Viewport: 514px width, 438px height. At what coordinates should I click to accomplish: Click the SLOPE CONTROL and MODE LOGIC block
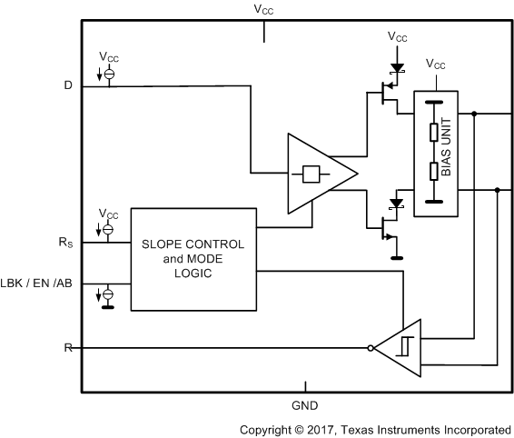193,258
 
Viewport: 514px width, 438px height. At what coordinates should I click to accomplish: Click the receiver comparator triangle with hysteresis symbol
400,348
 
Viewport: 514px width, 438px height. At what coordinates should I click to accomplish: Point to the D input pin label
67,86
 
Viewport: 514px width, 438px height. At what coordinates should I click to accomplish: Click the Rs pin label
65,243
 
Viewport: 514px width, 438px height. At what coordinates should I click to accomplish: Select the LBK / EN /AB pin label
39,284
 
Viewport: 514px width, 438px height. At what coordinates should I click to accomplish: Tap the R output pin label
67,348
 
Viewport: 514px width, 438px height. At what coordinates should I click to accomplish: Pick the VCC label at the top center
264,9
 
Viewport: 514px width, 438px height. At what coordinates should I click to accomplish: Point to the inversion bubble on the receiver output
371,348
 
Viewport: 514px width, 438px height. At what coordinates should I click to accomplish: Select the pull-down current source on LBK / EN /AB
108,294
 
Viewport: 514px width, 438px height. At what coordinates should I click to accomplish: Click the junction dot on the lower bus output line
497,191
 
